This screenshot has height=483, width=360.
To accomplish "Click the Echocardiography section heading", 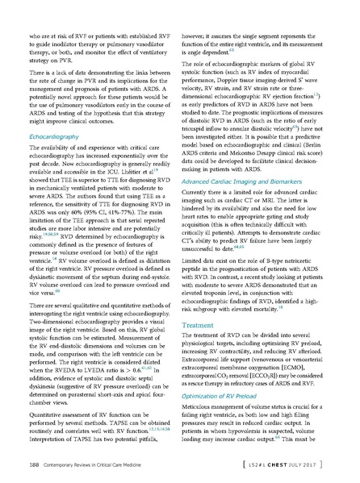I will click(x=52, y=138).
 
